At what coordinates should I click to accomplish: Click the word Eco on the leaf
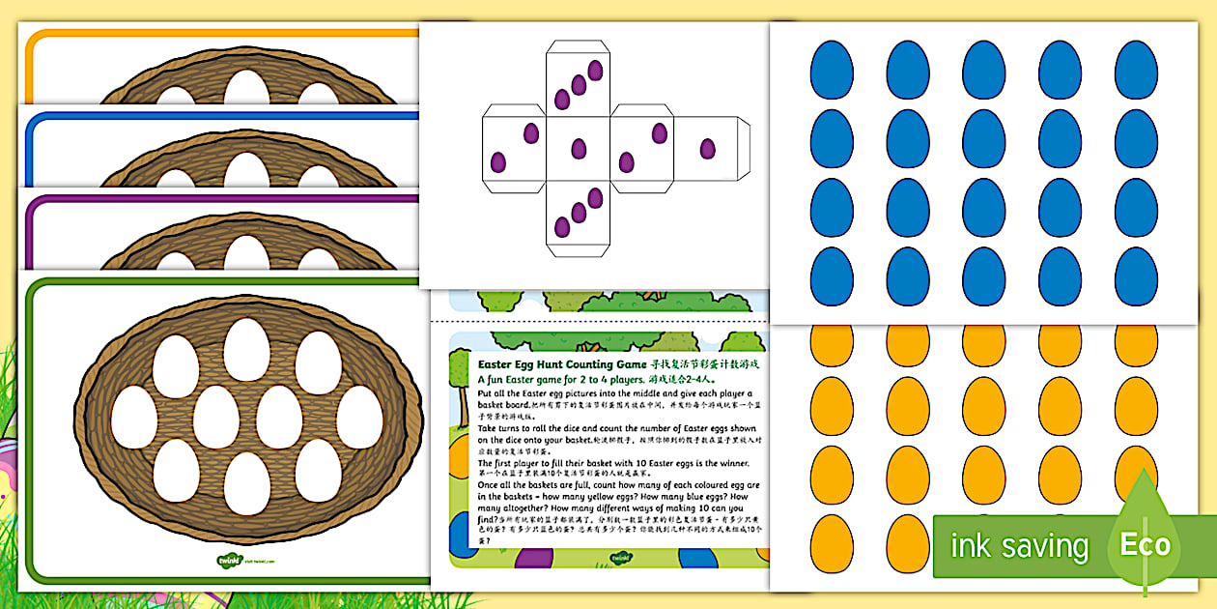pos(1145,544)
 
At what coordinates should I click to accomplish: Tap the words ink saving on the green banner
pos(1018,546)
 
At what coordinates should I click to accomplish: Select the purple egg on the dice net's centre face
pos(579,149)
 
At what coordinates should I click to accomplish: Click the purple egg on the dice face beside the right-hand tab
pos(708,149)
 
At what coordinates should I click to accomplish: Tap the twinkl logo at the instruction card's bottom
pos(622,559)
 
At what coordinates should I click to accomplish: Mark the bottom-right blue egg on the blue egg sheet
pos(1136,276)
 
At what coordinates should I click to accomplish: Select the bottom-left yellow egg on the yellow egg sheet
pos(831,543)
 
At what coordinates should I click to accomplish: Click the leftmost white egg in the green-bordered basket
pos(133,418)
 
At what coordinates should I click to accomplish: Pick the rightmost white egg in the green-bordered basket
pos(359,418)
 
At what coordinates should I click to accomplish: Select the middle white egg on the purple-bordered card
pos(246,252)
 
